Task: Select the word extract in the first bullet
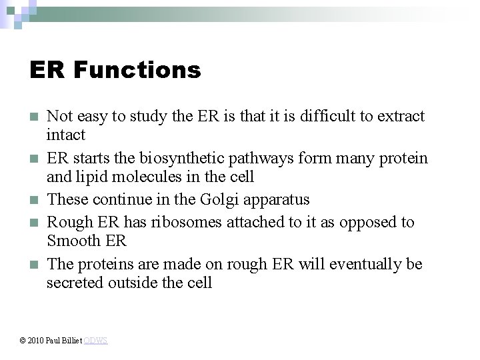tap(400, 116)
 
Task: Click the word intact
tap(66, 135)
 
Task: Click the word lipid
tap(90, 177)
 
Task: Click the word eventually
tap(366, 264)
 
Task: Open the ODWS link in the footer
tap(96, 341)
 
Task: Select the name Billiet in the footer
tap(72, 341)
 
